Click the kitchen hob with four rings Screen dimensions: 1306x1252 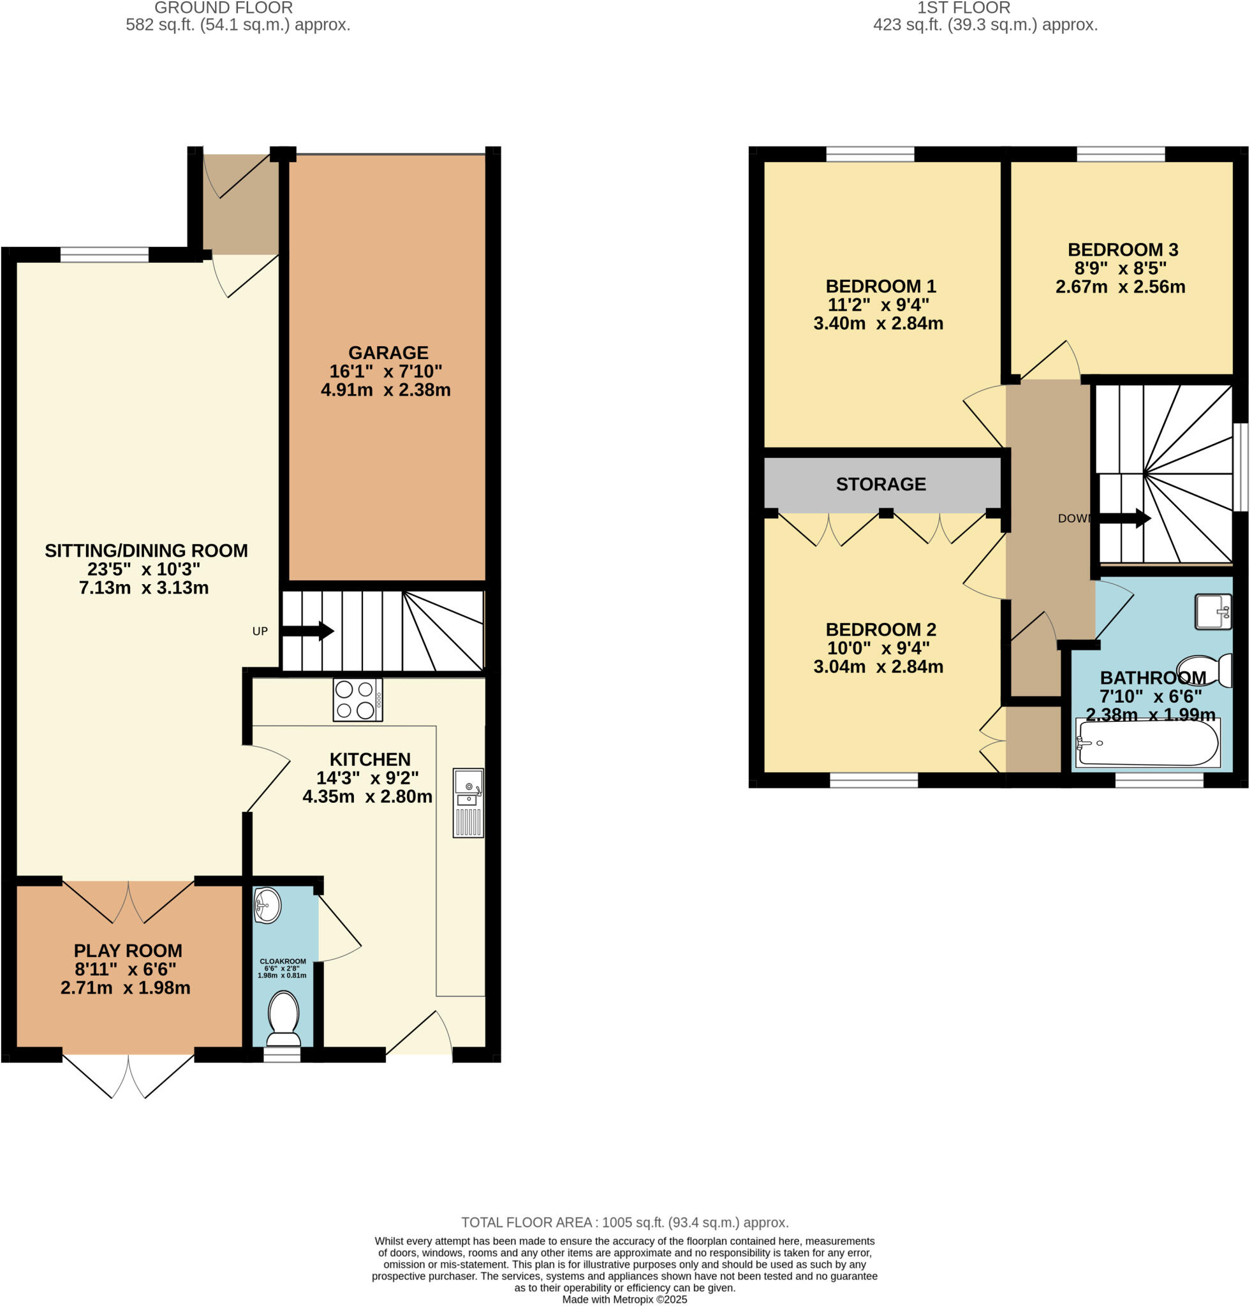(x=357, y=700)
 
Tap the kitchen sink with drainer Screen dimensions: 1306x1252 (x=468, y=802)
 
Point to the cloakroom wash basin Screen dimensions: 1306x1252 (x=267, y=906)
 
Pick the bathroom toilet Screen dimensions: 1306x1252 (x=1204, y=670)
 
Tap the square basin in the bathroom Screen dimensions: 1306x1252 (x=1212, y=611)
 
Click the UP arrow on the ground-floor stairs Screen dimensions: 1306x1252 (x=307, y=630)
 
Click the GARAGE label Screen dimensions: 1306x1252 (x=388, y=353)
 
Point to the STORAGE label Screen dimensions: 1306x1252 (x=880, y=485)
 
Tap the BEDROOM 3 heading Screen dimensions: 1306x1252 (x=1122, y=250)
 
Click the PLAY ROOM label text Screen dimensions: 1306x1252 (x=128, y=951)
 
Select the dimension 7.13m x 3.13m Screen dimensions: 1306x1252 (x=144, y=588)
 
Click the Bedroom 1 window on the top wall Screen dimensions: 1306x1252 (x=869, y=154)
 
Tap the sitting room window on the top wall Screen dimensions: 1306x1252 (x=104, y=254)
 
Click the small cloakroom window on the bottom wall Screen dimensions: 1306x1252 (x=282, y=1054)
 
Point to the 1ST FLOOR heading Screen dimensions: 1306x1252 (x=963, y=8)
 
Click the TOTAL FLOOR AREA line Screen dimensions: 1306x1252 (x=624, y=1222)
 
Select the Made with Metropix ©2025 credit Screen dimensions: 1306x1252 (x=624, y=1300)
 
